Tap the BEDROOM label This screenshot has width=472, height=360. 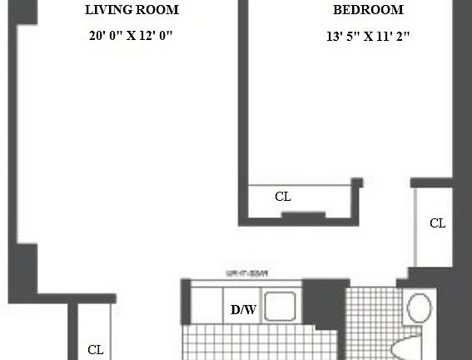coord(368,11)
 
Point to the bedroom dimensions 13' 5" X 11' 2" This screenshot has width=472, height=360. coord(368,36)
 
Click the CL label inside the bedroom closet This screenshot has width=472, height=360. coord(283,197)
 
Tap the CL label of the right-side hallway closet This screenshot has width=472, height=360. coord(437,223)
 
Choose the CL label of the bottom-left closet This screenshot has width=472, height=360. coord(96,350)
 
